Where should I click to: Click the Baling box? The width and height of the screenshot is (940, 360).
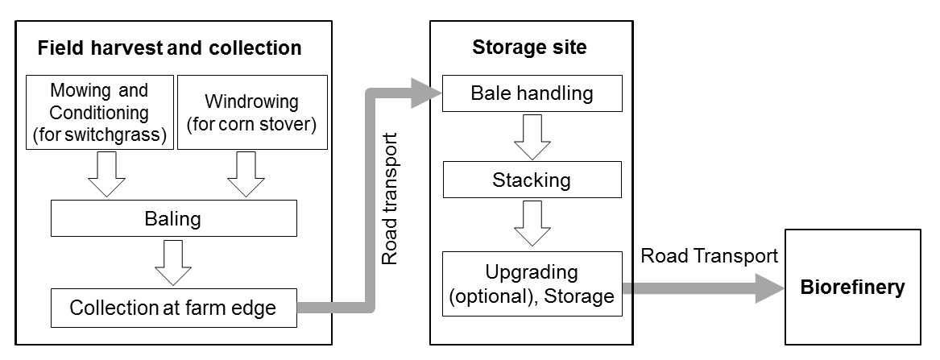[173, 217]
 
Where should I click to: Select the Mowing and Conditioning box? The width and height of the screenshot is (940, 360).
[99, 112]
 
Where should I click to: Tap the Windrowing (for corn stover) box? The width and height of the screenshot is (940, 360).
[251, 112]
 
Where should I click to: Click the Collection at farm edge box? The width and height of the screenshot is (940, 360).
[173, 308]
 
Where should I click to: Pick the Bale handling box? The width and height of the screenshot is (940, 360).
[532, 93]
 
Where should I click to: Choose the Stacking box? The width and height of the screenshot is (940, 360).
[532, 180]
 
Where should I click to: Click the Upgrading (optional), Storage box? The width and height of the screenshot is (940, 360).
[532, 283]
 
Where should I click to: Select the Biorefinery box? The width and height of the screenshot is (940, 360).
[852, 288]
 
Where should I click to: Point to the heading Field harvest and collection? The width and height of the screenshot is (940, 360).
[170, 48]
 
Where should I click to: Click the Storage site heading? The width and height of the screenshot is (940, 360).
[529, 48]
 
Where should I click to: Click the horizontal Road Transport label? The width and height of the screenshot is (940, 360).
[710, 256]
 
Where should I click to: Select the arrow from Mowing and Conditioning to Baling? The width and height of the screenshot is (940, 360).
[106, 175]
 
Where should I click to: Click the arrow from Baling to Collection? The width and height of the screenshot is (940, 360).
[173, 263]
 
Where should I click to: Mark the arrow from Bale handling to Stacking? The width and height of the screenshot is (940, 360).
[532, 136]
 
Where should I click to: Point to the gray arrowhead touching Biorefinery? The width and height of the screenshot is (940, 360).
[769, 288]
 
